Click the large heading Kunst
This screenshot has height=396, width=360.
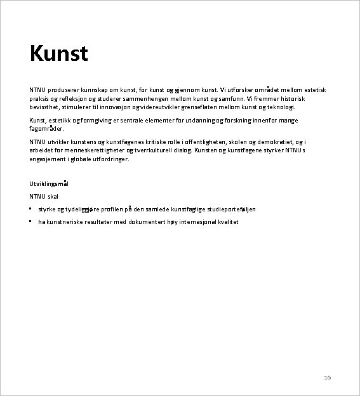[x=58, y=53]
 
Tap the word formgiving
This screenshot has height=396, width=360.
[x=103, y=120]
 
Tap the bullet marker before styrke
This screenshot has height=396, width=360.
[x=30, y=208]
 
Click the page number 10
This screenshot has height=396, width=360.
[x=328, y=378]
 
